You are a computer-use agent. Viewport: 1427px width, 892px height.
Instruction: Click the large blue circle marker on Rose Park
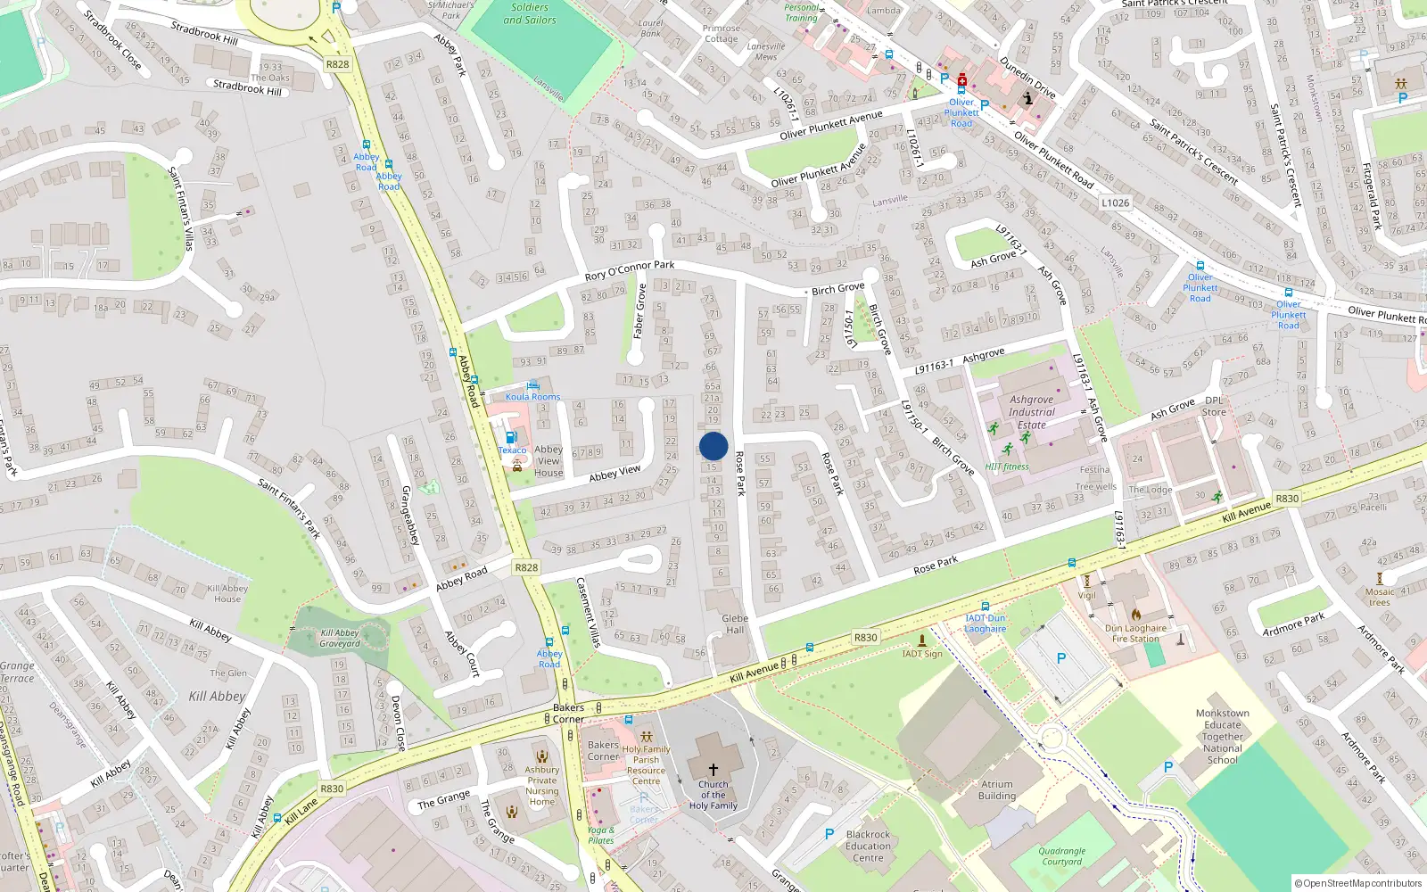click(x=713, y=446)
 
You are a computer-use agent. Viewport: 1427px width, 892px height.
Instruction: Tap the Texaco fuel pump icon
click(x=511, y=437)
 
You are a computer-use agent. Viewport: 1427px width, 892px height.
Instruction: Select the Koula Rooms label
click(x=533, y=397)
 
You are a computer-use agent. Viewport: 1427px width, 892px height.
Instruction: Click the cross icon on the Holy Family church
click(x=713, y=769)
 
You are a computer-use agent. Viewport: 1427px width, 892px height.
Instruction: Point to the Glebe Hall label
click(x=735, y=624)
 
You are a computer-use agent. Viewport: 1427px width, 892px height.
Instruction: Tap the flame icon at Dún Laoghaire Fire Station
click(x=1136, y=615)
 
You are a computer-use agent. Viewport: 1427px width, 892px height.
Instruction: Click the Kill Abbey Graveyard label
click(x=340, y=638)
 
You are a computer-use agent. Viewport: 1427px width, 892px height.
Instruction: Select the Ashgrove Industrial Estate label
click(x=1032, y=412)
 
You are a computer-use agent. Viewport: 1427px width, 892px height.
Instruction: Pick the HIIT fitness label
click(x=1007, y=467)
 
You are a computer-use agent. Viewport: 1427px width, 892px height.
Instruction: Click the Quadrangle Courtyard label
click(x=1062, y=856)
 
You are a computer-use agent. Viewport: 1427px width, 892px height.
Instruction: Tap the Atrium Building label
click(x=996, y=790)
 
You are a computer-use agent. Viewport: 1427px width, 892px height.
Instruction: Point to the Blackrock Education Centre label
click(x=868, y=846)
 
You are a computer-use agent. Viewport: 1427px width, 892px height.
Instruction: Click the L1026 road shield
click(x=1115, y=202)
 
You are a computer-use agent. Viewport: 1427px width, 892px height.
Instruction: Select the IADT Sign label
click(x=922, y=654)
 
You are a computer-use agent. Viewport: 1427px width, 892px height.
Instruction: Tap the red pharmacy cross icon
click(x=962, y=80)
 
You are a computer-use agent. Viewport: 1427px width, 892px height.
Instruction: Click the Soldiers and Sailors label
click(x=530, y=13)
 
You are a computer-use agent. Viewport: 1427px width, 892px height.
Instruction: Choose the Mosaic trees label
click(x=1380, y=597)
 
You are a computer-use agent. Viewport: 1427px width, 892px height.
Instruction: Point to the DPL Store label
click(x=1214, y=406)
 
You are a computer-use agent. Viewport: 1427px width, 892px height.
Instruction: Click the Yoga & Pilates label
click(x=601, y=835)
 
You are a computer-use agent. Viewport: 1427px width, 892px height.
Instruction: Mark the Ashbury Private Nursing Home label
click(x=541, y=785)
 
